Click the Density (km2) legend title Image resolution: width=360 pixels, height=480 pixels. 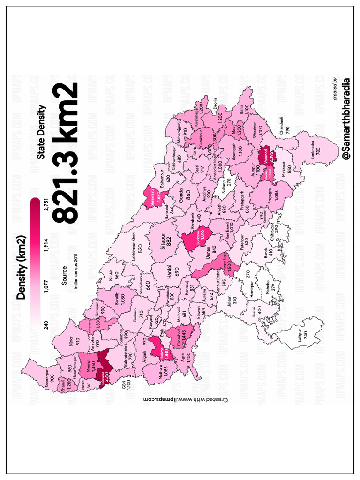[x=21, y=266]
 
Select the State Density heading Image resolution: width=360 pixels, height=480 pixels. [x=41, y=132]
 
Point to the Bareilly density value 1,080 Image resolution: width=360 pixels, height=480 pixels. [x=122, y=299]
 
